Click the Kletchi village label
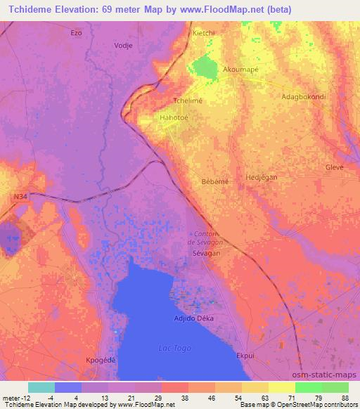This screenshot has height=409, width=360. point(203,33)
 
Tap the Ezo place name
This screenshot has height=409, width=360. point(77,33)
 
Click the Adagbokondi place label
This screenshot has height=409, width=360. point(303,96)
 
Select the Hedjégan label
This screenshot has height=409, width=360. point(261,178)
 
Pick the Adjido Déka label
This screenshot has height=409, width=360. point(193,318)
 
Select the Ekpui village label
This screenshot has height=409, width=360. point(245,356)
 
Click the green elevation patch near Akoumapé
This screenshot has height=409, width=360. point(205,67)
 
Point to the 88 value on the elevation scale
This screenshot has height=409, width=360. point(344,398)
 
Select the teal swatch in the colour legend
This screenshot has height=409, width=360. point(41,387)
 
